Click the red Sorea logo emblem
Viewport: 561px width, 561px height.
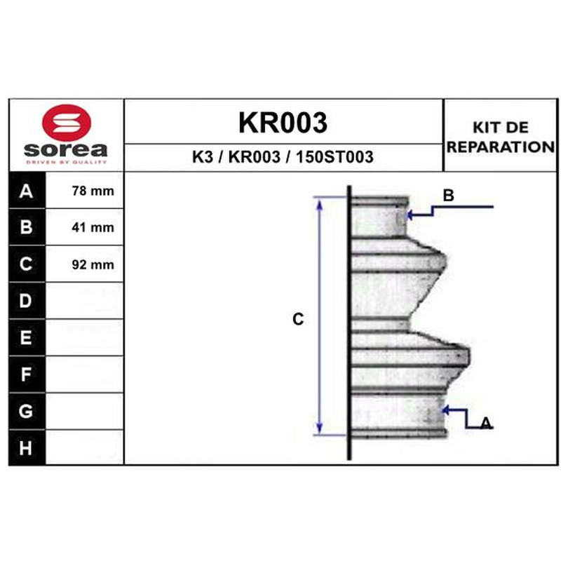tap(67, 122)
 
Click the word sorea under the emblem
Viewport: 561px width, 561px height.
tap(66, 149)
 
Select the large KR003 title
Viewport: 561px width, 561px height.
tap(283, 122)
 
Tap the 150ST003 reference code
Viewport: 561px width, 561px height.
tap(334, 156)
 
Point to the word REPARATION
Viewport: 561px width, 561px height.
tap(501, 147)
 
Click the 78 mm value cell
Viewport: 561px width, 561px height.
tap(84, 190)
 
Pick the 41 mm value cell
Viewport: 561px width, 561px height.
tap(84, 227)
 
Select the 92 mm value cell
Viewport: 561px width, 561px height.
tap(84, 264)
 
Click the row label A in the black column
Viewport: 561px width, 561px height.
tap(26, 191)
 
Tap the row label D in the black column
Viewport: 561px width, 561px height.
tap(25, 301)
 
